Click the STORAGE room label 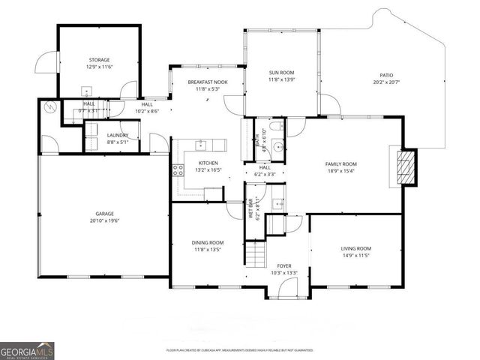coord(99,60)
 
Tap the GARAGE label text coord(104,213)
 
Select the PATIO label coord(386,75)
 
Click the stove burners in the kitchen coord(178,170)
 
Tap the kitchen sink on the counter coord(202,144)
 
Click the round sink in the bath coord(277,147)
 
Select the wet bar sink coord(277,202)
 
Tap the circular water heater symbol coord(50,107)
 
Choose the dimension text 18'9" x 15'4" coord(340,171)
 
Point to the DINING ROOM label coord(208,242)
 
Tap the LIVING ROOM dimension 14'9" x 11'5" coord(356,256)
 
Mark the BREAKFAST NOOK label coord(206,82)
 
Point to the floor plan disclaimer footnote coord(239,350)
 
